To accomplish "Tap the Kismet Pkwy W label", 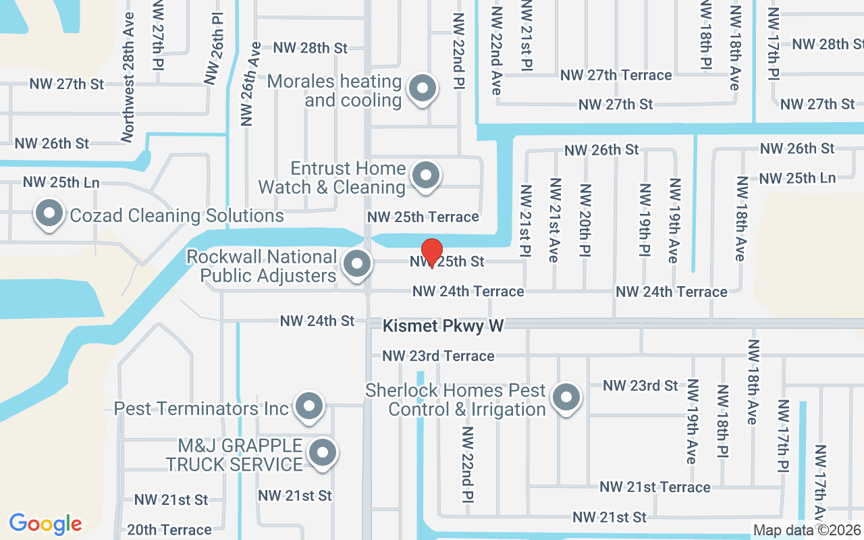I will tap(443, 326).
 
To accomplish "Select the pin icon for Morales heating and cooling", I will tap(423, 88).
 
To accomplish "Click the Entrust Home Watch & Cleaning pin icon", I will tap(426, 175).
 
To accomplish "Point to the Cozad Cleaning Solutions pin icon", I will tap(49, 214).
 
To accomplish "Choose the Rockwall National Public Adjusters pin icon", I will tap(357, 264).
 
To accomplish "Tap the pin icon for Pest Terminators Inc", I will tap(310, 406).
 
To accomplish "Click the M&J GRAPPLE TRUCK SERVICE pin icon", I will tap(322, 452).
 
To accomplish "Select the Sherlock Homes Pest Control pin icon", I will tap(566, 398).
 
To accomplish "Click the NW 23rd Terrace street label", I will tap(438, 356).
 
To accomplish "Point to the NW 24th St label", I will tap(317, 321).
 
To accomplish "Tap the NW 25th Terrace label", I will tap(423, 217).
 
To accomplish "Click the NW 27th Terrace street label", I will tap(616, 75).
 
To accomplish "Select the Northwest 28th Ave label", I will tap(128, 76).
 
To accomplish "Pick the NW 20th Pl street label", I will tap(585, 220).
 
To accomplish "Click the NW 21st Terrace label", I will tap(655, 487).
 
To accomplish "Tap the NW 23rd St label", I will tap(640, 385).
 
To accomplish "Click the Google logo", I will tap(45, 524).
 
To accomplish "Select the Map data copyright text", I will tap(807, 530).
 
